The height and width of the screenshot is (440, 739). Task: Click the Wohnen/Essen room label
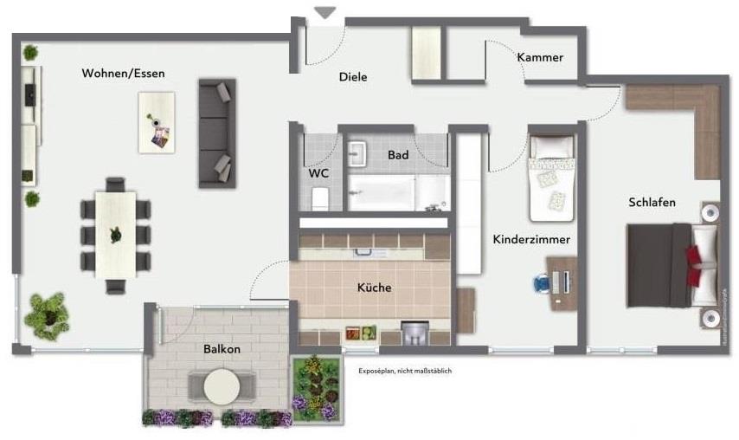coord(123,74)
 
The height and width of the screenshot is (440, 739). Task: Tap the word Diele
coord(352,77)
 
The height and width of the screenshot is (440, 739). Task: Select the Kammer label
coord(540,58)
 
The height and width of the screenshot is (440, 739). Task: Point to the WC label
coord(318,173)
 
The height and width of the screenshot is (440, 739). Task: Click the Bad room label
coord(398,155)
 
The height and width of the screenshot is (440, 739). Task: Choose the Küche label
coord(374,288)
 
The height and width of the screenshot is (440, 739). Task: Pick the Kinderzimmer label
coord(530,239)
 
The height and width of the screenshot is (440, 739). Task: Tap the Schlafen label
coord(652,203)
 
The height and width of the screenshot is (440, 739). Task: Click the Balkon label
coord(222,349)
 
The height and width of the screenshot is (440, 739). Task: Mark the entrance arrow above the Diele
coord(325,13)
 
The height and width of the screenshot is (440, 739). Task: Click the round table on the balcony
coord(222,386)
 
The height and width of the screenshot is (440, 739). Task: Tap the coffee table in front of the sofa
coord(156,122)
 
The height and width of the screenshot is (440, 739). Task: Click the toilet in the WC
coord(318,198)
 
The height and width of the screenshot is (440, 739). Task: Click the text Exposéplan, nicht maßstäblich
coord(405,371)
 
